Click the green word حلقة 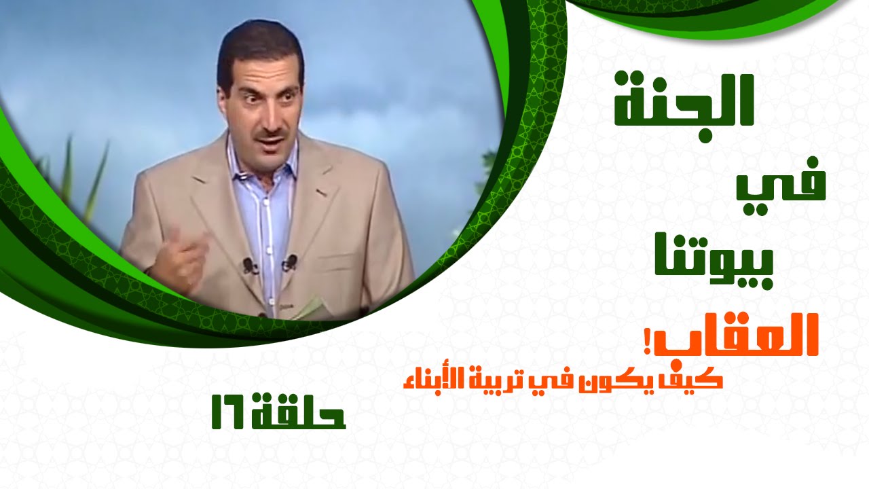click(x=298, y=412)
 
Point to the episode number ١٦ click(x=229, y=412)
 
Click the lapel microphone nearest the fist click(x=248, y=266)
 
